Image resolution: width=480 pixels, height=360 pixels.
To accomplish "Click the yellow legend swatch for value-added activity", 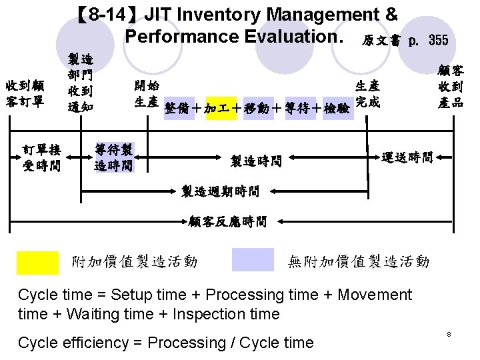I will (37, 261).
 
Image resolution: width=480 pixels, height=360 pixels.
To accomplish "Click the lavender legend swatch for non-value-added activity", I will (253, 261).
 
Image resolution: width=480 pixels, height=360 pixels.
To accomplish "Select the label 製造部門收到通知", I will (80, 83).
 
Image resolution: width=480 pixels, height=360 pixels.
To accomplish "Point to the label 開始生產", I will (146, 94).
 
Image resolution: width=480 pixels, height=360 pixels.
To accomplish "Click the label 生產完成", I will (368, 94).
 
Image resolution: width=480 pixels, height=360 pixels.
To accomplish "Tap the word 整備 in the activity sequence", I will (179, 108).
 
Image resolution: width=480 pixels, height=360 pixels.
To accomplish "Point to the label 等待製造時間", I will (113, 156).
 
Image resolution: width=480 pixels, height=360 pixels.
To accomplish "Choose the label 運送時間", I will (407, 158).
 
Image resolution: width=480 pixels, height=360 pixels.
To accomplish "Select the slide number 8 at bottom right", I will (449, 333).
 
